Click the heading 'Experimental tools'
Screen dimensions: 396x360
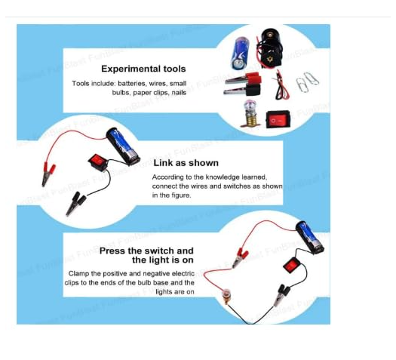click(143, 69)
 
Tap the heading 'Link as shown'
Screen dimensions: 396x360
click(186, 163)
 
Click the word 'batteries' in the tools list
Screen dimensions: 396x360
click(131, 83)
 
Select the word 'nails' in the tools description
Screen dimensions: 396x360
click(179, 93)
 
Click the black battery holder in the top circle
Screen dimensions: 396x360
click(269, 48)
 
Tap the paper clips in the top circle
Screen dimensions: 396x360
click(307, 82)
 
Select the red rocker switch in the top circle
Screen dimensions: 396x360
click(278, 119)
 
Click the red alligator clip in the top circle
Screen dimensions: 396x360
click(243, 78)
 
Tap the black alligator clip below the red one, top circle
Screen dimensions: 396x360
click(242, 91)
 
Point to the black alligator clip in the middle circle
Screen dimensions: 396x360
click(75, 204)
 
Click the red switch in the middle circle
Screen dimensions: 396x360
click(98, 162)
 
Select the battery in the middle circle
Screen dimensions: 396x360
click(123, 146)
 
